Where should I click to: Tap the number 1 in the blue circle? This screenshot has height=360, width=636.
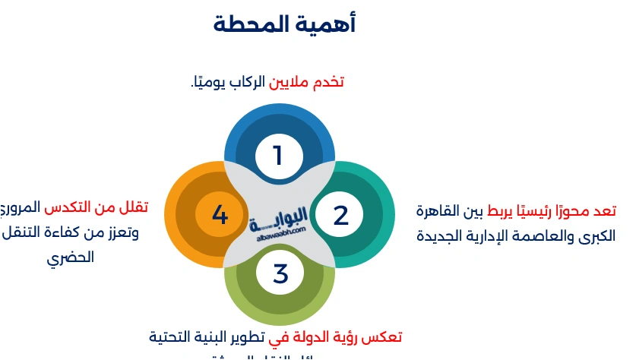coord(278,156)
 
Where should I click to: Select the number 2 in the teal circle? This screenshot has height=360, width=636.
coord(340,215)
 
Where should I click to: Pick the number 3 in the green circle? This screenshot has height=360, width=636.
coord(280,273)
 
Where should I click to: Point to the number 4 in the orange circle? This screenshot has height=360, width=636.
coord(220,215)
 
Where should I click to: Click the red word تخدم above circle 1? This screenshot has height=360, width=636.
coord(329,81)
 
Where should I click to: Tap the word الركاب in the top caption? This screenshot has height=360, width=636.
coord(248,81)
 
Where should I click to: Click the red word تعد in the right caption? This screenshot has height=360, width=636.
coord(605,210)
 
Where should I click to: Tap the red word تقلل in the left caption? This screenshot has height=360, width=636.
coord(134,207)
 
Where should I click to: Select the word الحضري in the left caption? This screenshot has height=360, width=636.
coord(71,257)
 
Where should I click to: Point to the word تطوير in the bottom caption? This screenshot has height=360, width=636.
coord(247,336)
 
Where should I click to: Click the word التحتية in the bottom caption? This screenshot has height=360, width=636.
coord(171,336)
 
